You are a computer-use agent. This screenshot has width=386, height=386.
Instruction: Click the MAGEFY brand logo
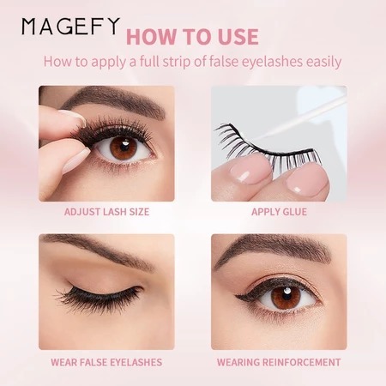(70, 27)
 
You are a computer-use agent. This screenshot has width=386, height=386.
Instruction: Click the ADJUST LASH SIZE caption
(106, 212)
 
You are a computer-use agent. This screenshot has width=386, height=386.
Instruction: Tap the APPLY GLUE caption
(279, 212)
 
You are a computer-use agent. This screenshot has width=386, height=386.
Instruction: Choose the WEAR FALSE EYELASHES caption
(106, 362)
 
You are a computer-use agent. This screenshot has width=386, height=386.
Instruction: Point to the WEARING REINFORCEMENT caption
(279, 362)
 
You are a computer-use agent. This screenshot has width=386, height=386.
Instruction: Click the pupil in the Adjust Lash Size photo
(124, 145)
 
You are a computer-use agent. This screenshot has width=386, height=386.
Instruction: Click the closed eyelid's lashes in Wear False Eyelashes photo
(97, 296)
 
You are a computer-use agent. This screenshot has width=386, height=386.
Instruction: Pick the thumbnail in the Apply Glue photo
(306, 178)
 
